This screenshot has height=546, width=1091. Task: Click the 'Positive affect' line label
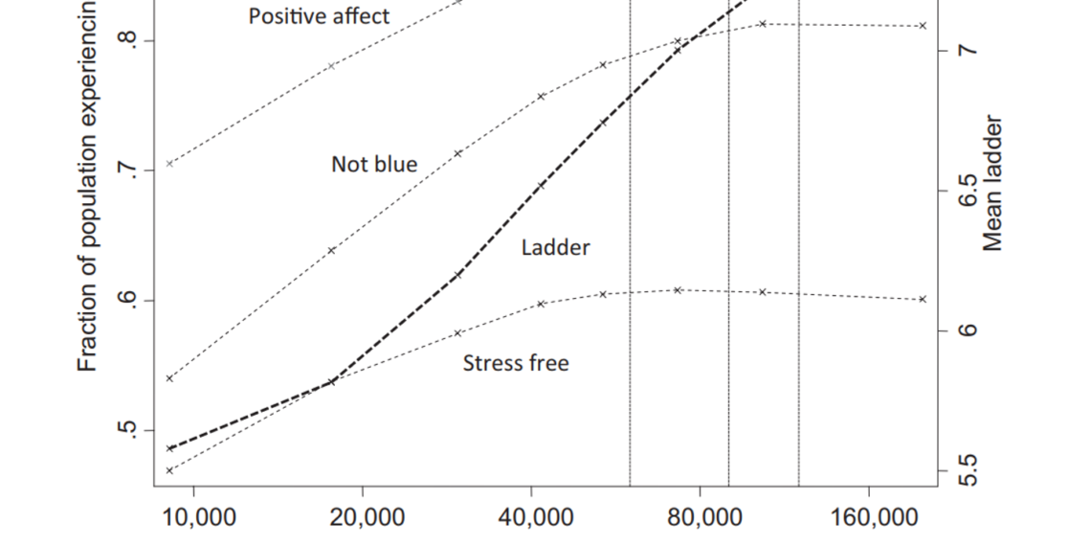[319, 16]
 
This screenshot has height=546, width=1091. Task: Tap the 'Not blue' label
[374, 164]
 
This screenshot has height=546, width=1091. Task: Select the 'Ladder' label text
[555, 247]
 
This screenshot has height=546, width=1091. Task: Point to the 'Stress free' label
[516, 363]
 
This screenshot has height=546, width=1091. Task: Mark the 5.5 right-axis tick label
[967, 470]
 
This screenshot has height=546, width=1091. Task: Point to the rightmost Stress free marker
[923, 299]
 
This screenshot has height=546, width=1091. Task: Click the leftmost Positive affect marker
[169, 164]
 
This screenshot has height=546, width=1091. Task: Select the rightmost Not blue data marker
[923, 26]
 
